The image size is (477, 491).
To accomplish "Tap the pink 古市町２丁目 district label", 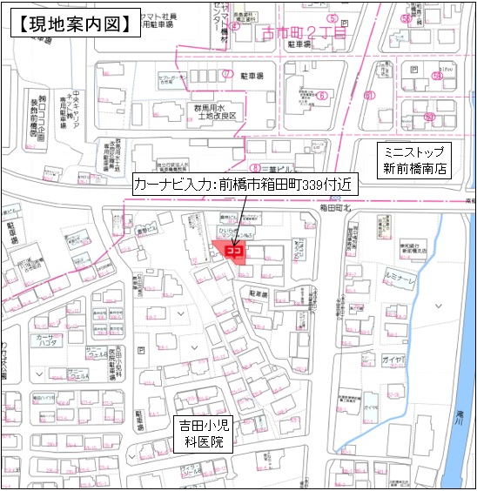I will [x=299, y=33].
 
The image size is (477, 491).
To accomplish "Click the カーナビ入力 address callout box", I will [x=241, y=185].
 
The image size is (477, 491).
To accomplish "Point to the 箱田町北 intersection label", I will [x=335, y=207].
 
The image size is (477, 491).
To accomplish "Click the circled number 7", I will [x=227, y=74].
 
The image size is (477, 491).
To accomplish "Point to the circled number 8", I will [x=255, y=167].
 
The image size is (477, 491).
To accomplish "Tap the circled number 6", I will [x=321, y=96].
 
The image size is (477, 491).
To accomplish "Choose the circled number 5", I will [x=332, y=18].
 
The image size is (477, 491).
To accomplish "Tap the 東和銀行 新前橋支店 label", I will [x=386, y=249].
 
